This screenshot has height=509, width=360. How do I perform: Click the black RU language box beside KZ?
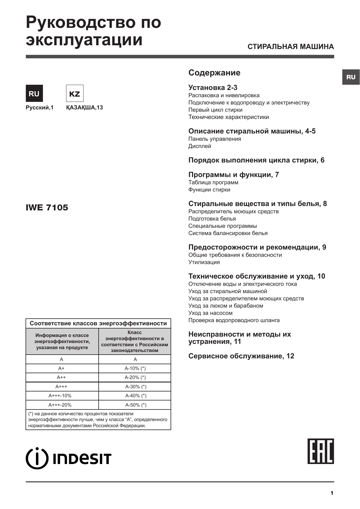coord(34,93)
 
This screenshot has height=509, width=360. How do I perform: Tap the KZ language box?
coord(75,93)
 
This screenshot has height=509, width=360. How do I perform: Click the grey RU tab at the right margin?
coord(351,77)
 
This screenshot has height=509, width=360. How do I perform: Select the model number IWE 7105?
coord(47,207)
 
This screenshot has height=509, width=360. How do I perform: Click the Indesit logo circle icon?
coord(37,459)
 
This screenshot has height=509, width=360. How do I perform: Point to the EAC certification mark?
coord(321,451)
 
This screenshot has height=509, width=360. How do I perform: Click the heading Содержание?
coord(214,73)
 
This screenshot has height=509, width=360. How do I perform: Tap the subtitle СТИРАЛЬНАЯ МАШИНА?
coord(291,47)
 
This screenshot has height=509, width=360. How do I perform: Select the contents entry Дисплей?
coord(200,146)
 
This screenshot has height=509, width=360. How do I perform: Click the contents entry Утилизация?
coord(204,262)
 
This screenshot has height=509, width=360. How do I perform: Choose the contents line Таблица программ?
coord(214,183)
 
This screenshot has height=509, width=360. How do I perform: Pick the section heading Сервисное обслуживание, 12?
coord(241,356)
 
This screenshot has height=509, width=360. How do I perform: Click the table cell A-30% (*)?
coord(135,387)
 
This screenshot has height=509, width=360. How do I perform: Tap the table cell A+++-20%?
coord(60,405)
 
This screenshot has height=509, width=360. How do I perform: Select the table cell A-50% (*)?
coord(135,405)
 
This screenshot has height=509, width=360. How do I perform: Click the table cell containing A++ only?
coord(61,377)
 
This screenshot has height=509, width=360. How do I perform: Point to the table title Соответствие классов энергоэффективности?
coord(98,323)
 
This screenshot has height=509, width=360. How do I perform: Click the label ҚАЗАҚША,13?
coord(84,108)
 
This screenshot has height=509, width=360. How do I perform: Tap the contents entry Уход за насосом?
coord(211,313)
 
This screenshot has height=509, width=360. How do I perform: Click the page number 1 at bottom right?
coord(332,493)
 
